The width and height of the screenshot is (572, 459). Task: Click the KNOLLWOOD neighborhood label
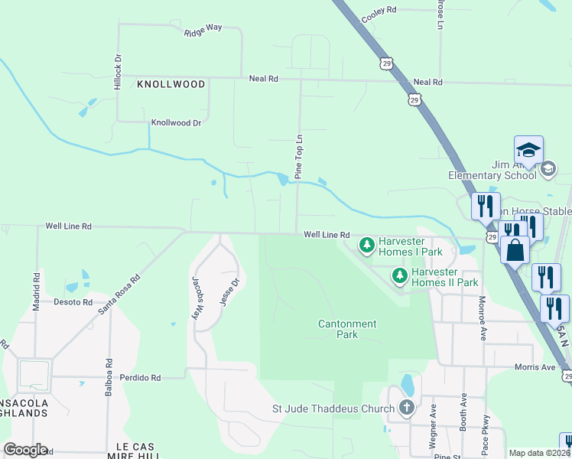(171, 83)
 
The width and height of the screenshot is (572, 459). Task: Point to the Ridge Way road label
(203, 31)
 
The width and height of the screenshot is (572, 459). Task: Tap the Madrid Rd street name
(36, 291)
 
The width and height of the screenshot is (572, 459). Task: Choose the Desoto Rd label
(73, 301)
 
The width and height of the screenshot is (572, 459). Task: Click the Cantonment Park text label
(348, 329)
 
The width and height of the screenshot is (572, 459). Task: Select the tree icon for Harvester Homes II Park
(399, 275)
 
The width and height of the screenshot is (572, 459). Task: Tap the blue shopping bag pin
(516, 250)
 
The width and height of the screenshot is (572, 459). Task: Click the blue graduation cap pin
(528, 149)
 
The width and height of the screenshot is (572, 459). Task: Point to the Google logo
(25, 450)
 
